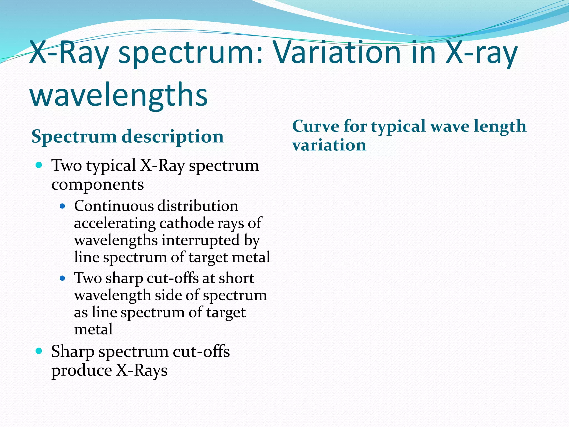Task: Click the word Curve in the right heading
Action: pyautogui.click(x=315, y=126)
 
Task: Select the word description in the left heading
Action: pyautogui.click(x=173, y=137)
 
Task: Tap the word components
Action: pyautogui.click(x=98, y=185)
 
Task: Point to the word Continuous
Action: pyautogui.click(x=114, y=206)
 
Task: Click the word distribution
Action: pyautogui.click(x=198, y=206)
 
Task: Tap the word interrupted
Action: pyautogui.click(x=201, y=240)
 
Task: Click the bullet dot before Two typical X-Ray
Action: pyautogui.click(x=39, y=165)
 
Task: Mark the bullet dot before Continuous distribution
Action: pyautogui.click(x=63, y=206)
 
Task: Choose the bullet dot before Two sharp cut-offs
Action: pyautogui.click(x=63, y=278)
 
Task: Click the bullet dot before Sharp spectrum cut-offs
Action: pyautogui.click(x=39, y=351)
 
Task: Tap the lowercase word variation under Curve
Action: pyautogui.click(x=329, y=145)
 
